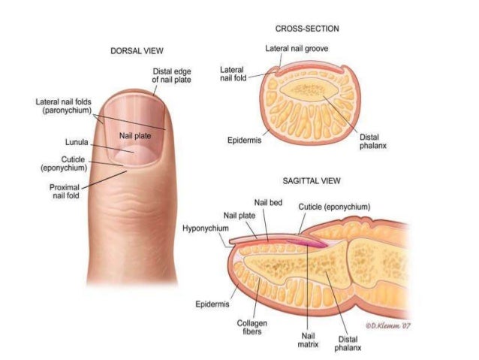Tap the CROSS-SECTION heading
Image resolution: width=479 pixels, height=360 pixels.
[x=307, y=29]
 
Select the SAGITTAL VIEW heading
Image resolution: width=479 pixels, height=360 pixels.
[x=312, y=181]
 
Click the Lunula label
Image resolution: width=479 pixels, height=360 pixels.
[x=77, y=141]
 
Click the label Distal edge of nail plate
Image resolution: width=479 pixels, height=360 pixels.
[x=171, y=75]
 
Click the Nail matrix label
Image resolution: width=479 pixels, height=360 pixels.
[x=309, y=341]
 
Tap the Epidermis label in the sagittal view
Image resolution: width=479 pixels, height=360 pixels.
[x=212, y=304]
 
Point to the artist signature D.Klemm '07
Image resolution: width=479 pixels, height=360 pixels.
[x=390, y=325]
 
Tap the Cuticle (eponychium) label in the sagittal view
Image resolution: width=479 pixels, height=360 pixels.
[x=334, y=207]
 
